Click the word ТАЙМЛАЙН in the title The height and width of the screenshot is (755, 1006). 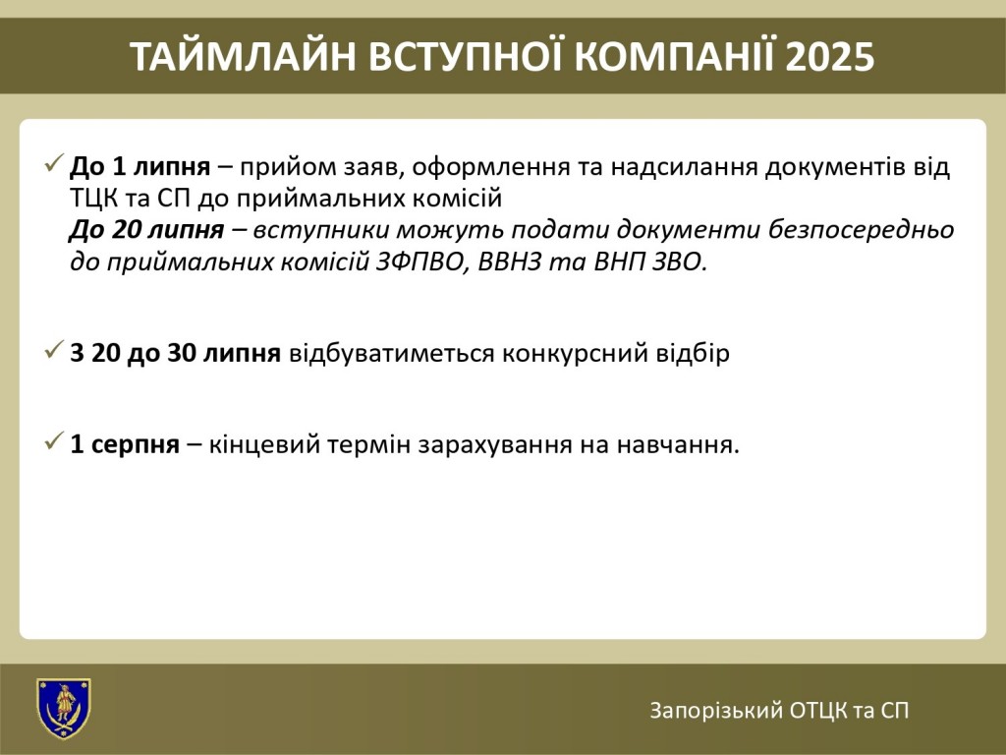243,56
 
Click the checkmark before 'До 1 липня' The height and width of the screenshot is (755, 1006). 54,163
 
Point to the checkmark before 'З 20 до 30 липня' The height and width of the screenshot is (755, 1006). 54,350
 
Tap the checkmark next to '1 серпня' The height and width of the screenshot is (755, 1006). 54,441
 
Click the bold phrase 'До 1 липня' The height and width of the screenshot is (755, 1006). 140,167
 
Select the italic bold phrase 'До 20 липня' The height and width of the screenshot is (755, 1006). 147,230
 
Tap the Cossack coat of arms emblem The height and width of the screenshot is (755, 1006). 64,709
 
